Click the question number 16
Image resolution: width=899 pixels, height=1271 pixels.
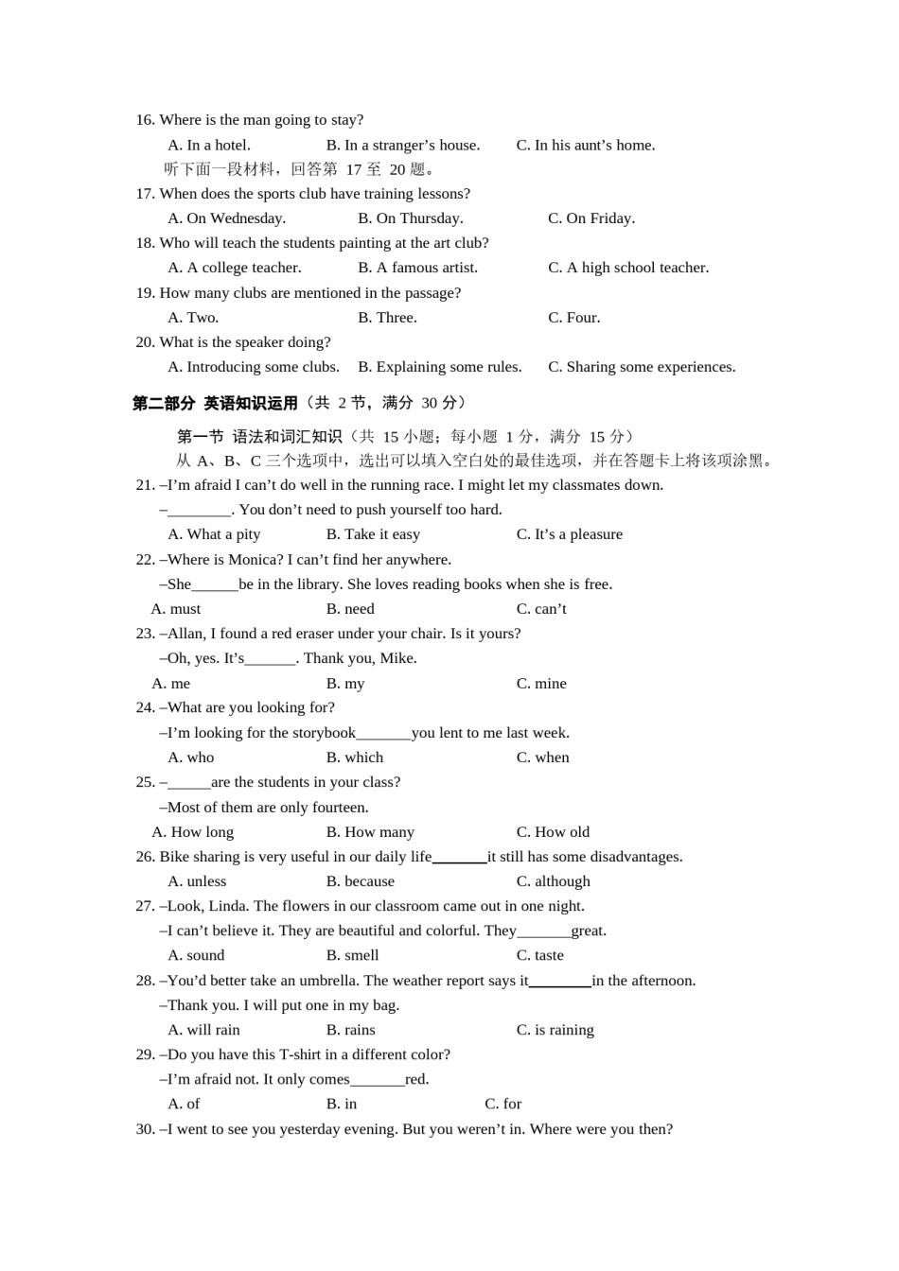pos(145,120)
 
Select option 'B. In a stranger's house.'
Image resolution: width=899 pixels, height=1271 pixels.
pos(403,146)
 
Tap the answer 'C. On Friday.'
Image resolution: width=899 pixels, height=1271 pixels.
pos(591,218)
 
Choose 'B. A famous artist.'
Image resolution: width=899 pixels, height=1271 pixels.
pos(417,268)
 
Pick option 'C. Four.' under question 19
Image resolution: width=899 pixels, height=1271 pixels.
pos(573,318)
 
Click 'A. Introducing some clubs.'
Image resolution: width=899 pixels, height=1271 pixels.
pos(254,367)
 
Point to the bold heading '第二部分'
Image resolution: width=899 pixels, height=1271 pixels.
pos(164,404)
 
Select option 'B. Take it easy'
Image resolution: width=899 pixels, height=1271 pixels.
pos(373,534)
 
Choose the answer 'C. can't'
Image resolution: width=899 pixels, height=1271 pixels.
pos(541,609)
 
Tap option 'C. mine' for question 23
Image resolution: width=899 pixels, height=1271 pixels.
pos(541,684)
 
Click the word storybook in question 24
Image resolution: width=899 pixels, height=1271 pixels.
pos(325,733)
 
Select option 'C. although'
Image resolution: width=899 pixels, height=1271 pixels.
pos(553,881)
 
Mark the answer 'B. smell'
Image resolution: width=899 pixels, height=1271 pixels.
pos(352,956)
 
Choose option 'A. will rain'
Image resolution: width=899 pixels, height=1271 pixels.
pos(203,1030)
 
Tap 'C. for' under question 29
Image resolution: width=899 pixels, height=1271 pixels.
pos(502,1104)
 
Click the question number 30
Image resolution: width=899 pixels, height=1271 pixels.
pos(145,1129)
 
